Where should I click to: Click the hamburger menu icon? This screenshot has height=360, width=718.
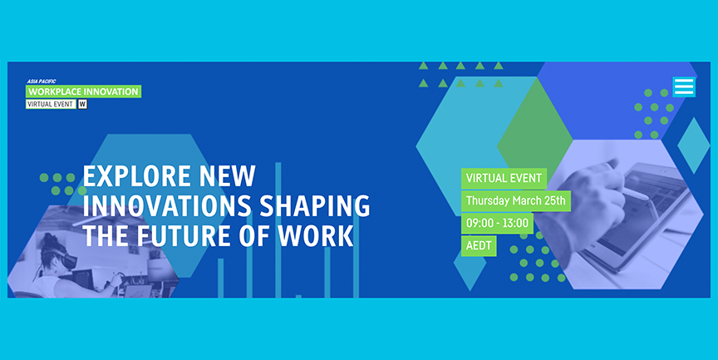click(684, 87)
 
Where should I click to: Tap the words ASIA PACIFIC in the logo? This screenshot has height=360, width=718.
click(42, 81)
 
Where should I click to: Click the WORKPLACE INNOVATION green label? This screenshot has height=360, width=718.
click(83, 91)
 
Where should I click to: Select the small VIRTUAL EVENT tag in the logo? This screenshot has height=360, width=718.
click(51, 105)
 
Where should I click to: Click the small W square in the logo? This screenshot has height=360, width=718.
click(82, 105)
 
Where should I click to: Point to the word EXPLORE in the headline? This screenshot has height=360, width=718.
click(135, 176)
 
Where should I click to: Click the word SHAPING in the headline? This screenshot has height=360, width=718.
click(315, 206)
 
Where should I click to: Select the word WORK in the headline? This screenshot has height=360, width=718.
click(316, 236)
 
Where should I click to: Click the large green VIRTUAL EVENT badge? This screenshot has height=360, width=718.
click(504, 178)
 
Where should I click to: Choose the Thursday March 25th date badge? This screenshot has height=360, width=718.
click(515, 201)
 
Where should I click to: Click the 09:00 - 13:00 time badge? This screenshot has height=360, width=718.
click(497, 224)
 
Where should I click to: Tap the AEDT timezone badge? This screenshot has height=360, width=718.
click(479, 246)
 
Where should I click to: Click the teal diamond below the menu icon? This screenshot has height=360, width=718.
click(693, 145)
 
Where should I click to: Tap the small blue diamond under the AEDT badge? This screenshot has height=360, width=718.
click(470, 271)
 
